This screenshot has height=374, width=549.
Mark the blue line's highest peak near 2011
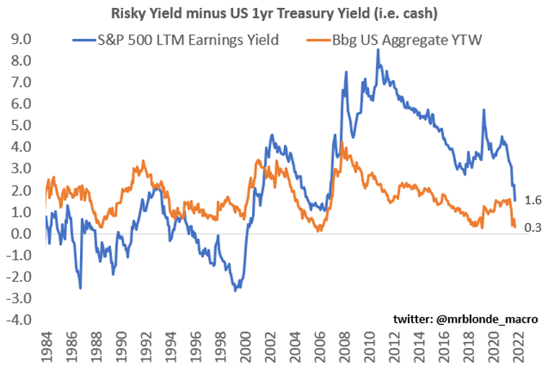pyautogui.click(x=378, y=51)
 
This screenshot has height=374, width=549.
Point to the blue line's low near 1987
pyautogui.click(x=80, y=288)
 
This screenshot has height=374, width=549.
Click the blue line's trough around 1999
pyautogui.click(x=235, y=290)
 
